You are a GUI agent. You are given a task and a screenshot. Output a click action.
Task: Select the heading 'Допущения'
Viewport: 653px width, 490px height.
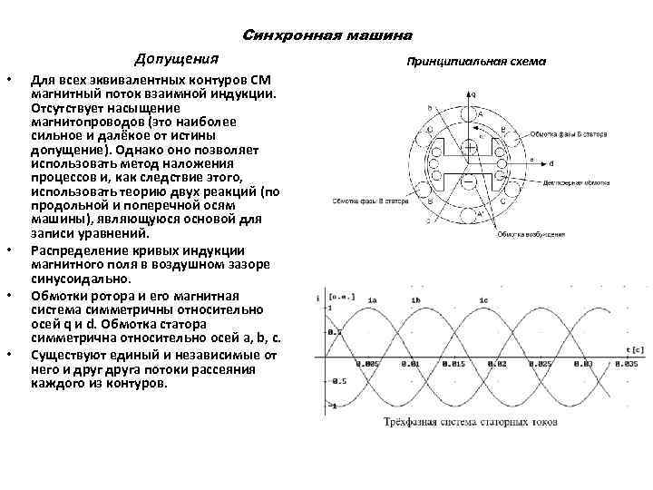(x=177, y=60)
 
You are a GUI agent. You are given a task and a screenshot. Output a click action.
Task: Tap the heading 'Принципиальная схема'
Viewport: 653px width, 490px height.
(x=475, y=63)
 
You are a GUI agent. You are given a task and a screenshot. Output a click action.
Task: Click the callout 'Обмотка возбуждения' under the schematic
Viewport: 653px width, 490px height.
(x=531, y=234)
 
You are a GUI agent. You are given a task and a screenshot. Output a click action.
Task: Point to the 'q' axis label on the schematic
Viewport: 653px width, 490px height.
(x=473, y=93)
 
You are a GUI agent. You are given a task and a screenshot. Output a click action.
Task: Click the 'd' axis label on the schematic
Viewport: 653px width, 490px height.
(x=552, y=165)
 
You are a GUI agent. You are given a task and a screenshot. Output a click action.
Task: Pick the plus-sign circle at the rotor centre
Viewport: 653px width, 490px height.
(x=469, y=147)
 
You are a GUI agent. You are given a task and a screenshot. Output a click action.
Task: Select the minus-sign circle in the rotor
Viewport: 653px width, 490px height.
(x=469, y=186)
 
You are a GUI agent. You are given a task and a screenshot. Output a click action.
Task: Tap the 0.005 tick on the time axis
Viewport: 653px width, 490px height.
(x=368, y=363)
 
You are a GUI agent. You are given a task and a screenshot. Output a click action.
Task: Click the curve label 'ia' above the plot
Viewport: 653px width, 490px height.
(x=372, y=300)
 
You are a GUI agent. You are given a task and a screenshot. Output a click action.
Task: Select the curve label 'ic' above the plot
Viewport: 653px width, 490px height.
(x=483, y=300)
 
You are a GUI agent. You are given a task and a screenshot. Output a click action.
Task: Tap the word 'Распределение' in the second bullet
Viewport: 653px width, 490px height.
(x=76, y=250)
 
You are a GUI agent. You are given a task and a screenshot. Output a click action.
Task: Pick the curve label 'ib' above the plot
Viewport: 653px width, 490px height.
(x=415, y=300)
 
